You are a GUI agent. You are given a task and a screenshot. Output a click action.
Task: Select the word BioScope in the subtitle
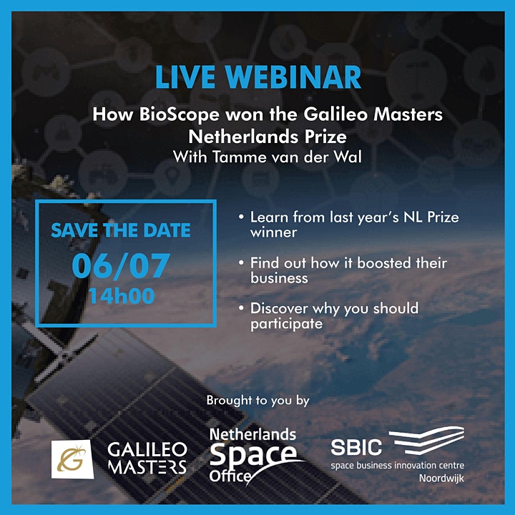point(180,115)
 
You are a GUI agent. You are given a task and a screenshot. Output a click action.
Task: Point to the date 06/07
point(121,266)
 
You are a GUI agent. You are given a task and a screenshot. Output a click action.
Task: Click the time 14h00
point(122,296)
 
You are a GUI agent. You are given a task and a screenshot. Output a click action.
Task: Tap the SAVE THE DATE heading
point(121,230)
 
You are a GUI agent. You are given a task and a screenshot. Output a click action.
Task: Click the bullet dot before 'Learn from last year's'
point(242,217)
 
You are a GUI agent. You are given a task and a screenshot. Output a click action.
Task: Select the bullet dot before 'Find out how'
point(242,263)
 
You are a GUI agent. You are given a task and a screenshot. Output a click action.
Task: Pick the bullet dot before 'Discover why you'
point(242,308)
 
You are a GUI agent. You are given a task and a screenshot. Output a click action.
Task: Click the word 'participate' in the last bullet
point(286,325)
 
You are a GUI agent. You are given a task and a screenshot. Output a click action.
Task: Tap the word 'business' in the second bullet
point(279,278)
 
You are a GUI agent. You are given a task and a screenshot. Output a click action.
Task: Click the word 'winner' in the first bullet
point(273,232)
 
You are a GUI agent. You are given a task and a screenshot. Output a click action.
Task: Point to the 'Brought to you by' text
point(257,401)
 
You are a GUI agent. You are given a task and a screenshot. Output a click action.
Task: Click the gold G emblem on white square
point(72,458)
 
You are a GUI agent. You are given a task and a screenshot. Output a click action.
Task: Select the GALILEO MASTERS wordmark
point(147,458)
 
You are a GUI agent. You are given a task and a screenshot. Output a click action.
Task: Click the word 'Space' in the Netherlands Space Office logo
point(253,456)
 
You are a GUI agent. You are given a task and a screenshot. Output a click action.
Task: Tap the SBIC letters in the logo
point(356,447)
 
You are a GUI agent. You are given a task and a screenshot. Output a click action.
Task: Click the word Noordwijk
point(441,479)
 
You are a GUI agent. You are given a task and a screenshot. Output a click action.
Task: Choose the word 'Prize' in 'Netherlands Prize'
point(325,137)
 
